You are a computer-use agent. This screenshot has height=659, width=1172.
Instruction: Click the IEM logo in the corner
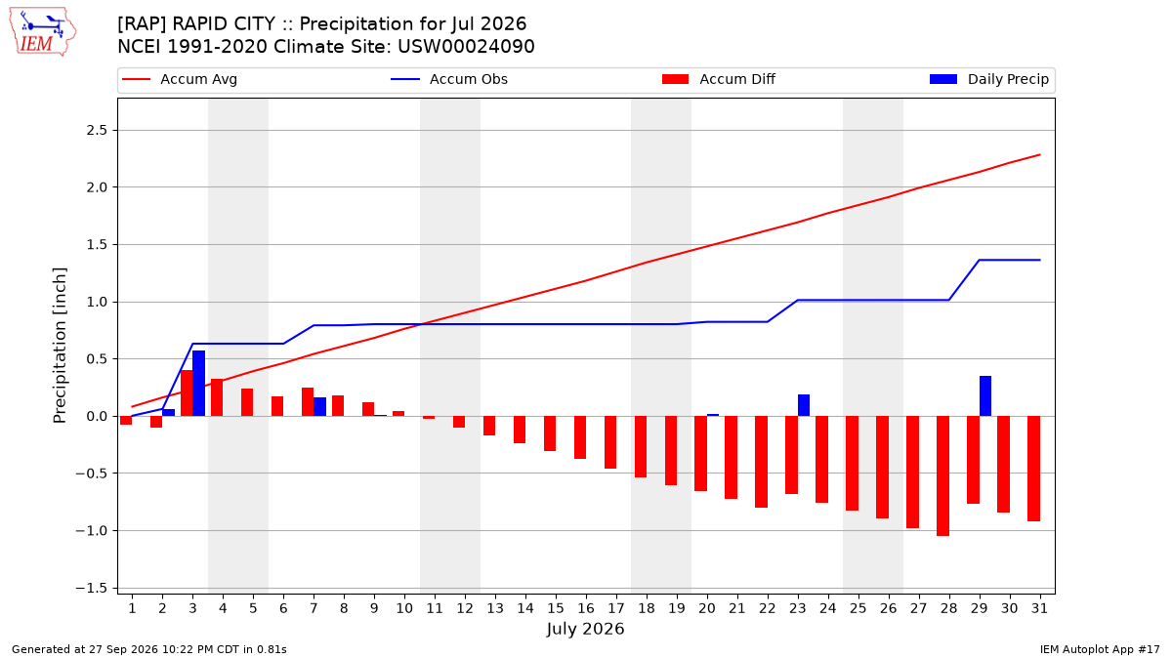43,32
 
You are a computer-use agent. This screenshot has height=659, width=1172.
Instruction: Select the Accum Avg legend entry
180,79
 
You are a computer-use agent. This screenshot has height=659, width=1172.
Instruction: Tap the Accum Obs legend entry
449,79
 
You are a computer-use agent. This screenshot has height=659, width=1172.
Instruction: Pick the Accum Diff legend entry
719,79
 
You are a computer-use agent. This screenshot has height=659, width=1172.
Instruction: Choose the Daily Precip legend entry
988,79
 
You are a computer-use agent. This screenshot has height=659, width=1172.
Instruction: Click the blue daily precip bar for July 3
199,384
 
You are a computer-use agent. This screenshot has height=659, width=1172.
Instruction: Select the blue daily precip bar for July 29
985,396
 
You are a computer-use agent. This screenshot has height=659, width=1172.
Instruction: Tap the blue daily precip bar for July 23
804,405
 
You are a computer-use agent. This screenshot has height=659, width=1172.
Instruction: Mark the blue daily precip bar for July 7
319,407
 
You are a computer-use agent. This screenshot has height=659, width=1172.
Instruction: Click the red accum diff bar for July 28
942,476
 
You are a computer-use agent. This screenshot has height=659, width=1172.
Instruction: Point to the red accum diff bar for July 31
1033,469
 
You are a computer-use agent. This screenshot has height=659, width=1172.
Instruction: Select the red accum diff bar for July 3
187,393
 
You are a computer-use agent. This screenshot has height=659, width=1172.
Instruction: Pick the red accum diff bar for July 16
580,437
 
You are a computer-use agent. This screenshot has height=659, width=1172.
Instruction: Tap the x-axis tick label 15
556,608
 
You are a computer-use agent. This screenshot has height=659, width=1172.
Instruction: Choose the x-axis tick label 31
1039,608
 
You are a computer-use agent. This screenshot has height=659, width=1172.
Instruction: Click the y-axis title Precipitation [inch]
60,346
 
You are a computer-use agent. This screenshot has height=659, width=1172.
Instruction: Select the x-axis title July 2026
585,629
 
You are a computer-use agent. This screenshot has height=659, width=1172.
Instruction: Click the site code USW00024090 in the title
466,47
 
